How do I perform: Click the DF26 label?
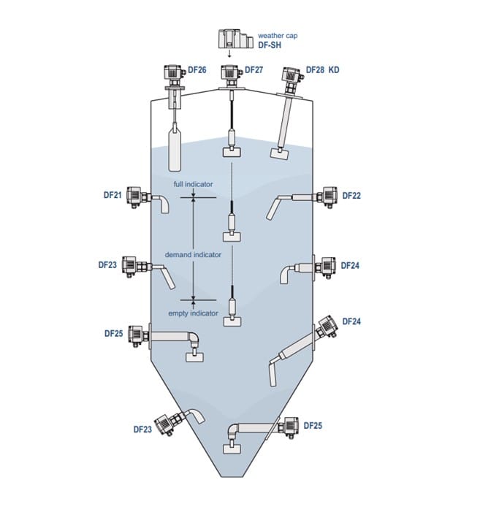click(x=197, y=69)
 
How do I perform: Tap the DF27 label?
click(x=254, y=69)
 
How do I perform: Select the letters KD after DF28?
click(x=334, y=69)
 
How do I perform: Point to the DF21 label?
click(x=113, y=195)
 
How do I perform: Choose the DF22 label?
click(x=351, y=196)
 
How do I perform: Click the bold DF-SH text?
click(x=270, y=45)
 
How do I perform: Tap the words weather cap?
click(x=278, y=36)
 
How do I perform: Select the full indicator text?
click(x=193, y=184)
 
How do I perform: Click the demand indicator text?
click(x=193, y=254)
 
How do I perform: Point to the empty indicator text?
click(x=193, y=313)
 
